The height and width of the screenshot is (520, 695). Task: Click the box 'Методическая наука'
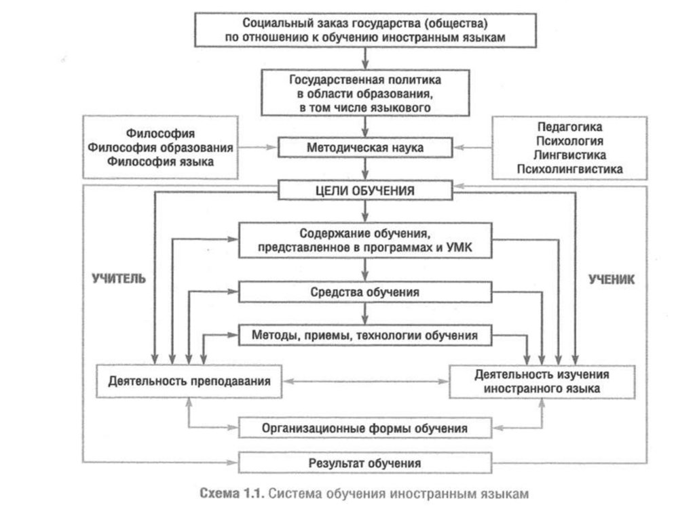365,146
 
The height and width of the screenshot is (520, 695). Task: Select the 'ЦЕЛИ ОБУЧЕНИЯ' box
365,191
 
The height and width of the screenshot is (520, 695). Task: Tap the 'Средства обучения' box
365,292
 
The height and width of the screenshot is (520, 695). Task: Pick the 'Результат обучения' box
365,464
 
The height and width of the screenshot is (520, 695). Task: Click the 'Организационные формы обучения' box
365,428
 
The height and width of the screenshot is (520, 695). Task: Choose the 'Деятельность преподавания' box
189,381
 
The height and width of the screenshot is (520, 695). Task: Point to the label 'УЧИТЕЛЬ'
119,279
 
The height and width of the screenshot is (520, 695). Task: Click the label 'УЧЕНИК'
612,279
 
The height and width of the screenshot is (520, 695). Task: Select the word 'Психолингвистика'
569,169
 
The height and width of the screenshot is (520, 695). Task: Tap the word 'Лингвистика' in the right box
569,155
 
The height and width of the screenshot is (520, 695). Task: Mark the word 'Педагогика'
569,127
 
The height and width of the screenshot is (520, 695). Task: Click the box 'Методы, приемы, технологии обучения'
365,335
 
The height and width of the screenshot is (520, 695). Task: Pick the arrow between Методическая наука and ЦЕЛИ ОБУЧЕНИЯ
365,168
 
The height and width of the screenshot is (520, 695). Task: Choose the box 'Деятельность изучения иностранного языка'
541,382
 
